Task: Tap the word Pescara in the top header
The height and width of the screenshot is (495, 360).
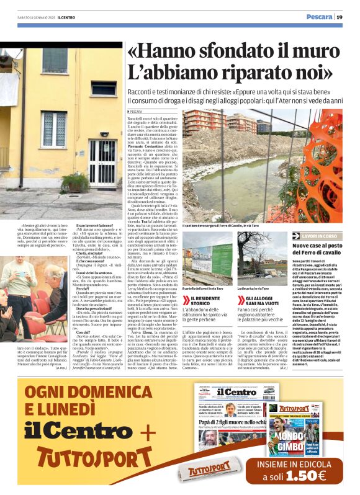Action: tap(319, 17)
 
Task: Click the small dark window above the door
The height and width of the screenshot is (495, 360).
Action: tap(103, 89)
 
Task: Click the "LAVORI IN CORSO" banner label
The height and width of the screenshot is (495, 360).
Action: tap(320, 236)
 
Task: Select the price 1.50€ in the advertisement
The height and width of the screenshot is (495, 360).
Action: tap(298, 476)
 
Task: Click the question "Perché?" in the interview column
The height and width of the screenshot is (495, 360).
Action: tap(84, 289)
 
